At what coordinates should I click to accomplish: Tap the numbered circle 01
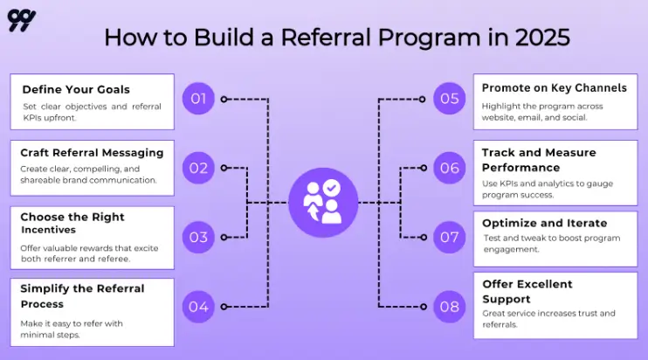(x=198, y=99)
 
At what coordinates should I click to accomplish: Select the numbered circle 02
(x=198, y=168)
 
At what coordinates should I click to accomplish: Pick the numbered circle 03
(x=198, y=237)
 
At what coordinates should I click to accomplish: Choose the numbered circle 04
(x=198, y=307)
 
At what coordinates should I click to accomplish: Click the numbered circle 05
(x=449, y=99)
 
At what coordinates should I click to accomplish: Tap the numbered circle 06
(x=449, y=168)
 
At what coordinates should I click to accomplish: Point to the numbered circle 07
(x=449, y=237)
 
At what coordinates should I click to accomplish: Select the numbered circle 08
(x=449, y=307)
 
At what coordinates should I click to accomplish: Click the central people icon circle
(x=323, y=203)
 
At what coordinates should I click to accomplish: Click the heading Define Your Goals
(x=76, y=89)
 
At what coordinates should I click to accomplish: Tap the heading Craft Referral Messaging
(x=92, y=153)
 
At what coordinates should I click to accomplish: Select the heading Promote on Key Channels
(x=555, y=88)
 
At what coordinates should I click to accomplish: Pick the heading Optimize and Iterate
(x=544, y=223)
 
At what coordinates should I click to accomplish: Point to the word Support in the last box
(x=507, y=299)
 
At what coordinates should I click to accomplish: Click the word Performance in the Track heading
(x=520, y=167)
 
